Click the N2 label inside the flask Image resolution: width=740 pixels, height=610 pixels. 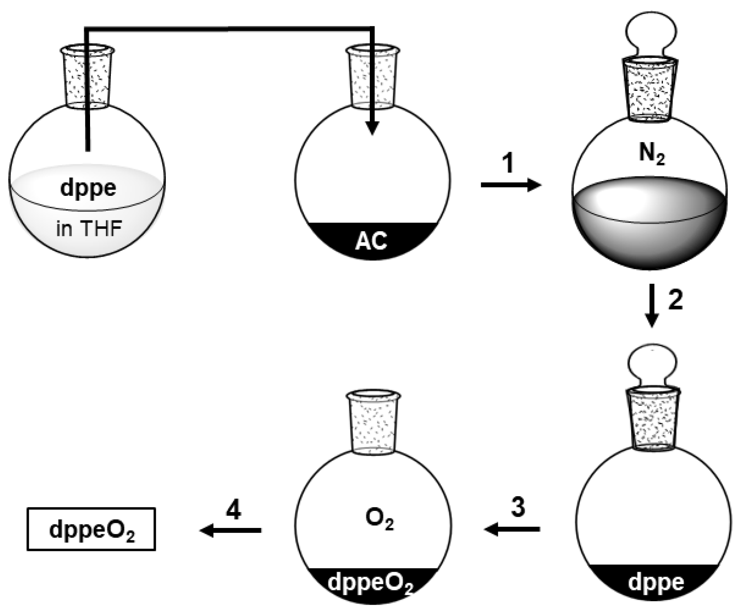(x=652, y=155)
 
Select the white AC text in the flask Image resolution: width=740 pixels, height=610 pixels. (x=371, y=241)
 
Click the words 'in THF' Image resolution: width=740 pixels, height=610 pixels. (x=89, y=229)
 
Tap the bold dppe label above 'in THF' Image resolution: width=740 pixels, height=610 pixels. (x=88, y=188)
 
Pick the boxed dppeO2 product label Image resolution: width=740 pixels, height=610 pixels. (x=91, y=530)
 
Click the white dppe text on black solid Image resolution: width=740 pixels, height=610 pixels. (x=656, y=582)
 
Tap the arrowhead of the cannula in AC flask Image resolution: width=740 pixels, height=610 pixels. (x=372, y=129)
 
